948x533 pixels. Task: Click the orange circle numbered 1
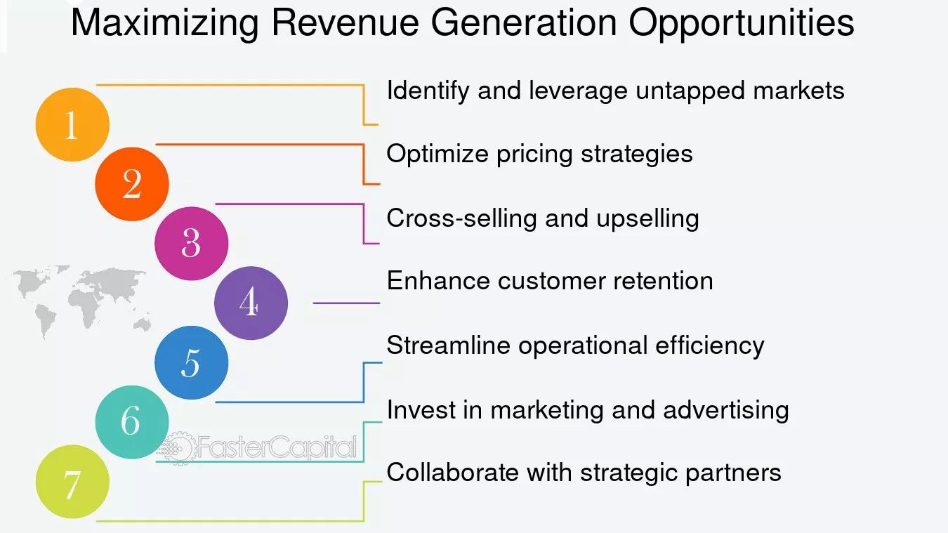tap(72, 124)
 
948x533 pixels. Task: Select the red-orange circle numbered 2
tap(132, 184)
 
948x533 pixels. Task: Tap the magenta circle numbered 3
tap(191, 244)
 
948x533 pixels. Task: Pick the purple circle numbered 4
tap(251, 303)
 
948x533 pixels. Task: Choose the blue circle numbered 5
tap(191, 363)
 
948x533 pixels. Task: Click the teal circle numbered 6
tap(132, 422)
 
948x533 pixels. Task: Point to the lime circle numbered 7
tap(72, 482)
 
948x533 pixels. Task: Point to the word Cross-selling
tap(462, 219)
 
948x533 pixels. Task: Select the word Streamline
tap(449, 345)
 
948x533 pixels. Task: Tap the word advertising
tap(726, 411)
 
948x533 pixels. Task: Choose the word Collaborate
tap(452, 472)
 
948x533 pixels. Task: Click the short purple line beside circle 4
tap(346, 303)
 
